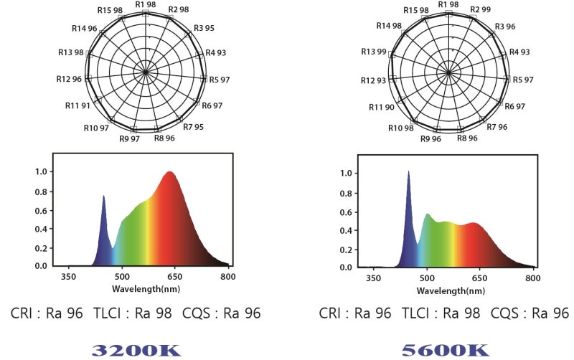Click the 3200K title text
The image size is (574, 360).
pos(136,350)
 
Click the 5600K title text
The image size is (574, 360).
pos(445,350)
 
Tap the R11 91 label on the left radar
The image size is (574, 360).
pos(78,105)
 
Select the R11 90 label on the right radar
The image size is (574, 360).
pos(382,107)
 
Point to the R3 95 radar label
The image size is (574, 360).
pos(204,29)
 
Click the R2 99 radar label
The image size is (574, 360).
pos(480,9)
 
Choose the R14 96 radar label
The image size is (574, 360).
pos(85,28)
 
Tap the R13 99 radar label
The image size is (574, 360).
pos(374,52)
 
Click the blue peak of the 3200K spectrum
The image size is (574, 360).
pos(103,196)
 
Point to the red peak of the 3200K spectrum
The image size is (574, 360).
pos(169,173)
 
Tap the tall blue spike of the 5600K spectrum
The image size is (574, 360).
pos(408,172)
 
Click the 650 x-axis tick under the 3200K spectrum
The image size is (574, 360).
pos(175,276)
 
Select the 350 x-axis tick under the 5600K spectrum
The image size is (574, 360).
pos(373,278)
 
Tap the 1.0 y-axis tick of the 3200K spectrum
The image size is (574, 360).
pos(42,172)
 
